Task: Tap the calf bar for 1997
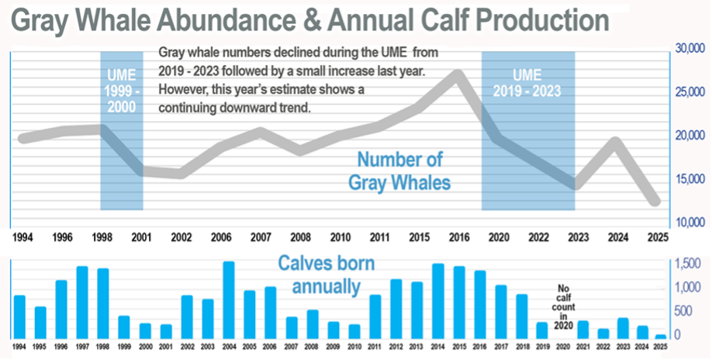[x=82, y=303]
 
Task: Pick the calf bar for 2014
[x=437, y=301]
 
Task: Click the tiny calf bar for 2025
[x=661, y=337]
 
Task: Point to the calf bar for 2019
[x=542, y=331]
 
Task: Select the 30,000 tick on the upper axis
[x=689, y=49]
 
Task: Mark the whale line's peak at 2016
[x=458, y=74]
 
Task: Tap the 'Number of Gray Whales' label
[x=399, y=171]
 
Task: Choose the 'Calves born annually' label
[x=327, y=275]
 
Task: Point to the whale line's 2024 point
[x=614, y=142]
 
